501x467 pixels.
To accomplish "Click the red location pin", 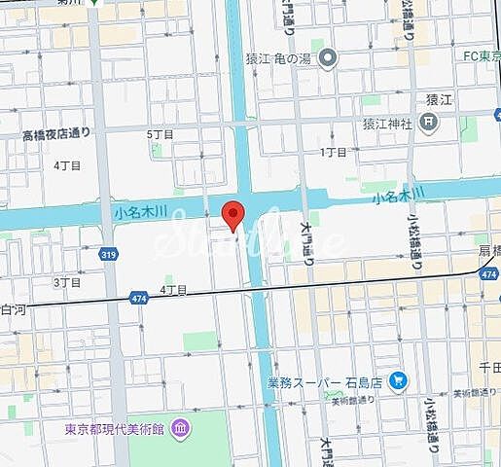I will [x=232, y=215].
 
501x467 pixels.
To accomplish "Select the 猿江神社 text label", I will [x=388, y=124].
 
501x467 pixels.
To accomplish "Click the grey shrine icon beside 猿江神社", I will [x=431, y=123].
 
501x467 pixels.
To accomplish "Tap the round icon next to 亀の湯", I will [x=329, y=58].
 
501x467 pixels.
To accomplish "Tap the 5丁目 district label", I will [x=160, y=133].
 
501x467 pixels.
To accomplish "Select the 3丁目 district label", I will [x=67, y=282].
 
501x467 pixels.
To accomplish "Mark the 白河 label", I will [x=14, y=307].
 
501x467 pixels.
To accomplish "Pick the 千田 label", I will [x=490, y=366].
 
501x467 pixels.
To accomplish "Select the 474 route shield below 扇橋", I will [x=488, y=276].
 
